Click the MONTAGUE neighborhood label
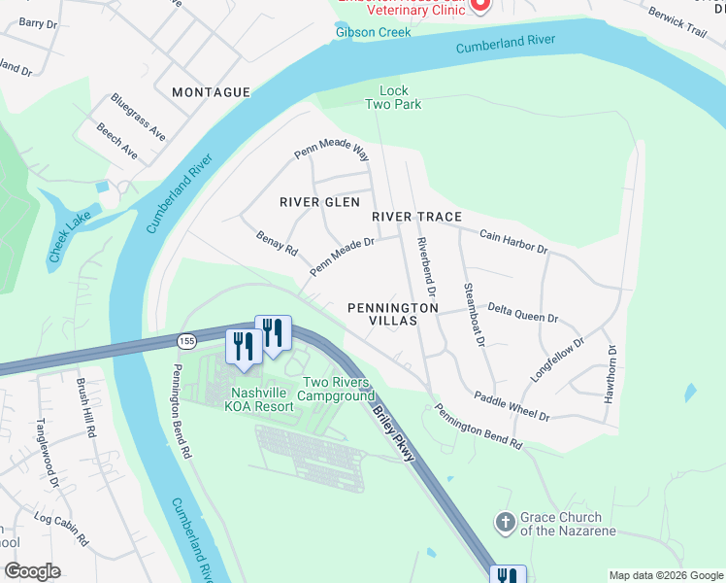click(x=211, y=92)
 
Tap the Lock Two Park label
click(x=393, y=98)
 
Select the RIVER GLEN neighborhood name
click(x=319, y=202)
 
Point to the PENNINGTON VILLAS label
click(x=393, y=314)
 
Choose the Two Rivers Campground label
click(x=336, y=390)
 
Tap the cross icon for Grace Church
click(x=505, y=523)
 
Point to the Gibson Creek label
click(x=374, y=32)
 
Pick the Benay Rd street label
click(x=277, y=242)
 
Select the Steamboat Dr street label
click(x=474, y=313)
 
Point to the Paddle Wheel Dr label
click(x=511, y=405)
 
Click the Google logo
click(x=32, y=571)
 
